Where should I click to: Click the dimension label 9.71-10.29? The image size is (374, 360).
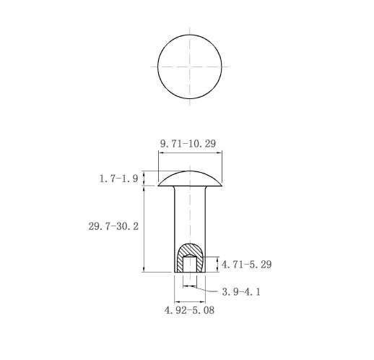pyautogui.click(x=188, y=144)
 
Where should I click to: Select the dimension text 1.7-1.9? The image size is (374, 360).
pyautogui.click(x=118, y=179)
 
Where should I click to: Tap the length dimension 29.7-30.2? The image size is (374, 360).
pyautogui.click(x=113, y=226)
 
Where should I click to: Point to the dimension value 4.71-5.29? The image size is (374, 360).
pyautogui.click(x=246, y=265)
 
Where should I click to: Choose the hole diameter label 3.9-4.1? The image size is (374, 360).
pyautogui.click(x=241, y=292)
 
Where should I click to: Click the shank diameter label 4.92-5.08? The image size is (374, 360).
pyautogui.click(x=189, y=310)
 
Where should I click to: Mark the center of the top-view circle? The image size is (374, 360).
pyautogui.click(x=190, y=67)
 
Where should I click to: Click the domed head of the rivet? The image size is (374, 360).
pyautogui.click(x=190, y=179)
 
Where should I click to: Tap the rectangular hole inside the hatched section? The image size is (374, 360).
pyautogui.click(x=190, y=264)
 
